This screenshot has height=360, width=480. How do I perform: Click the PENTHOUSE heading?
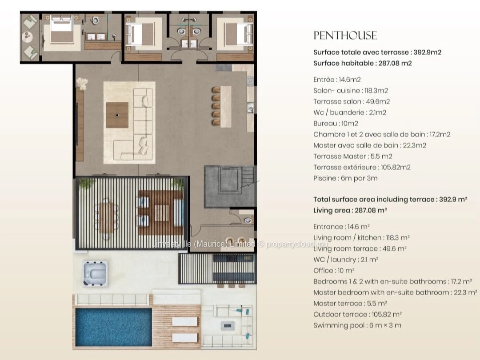345,36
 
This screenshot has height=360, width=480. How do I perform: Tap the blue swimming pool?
114,327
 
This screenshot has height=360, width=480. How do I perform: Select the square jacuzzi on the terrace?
95,273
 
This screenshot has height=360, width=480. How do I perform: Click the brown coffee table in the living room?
117,115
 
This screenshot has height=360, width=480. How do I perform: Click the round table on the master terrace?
28,37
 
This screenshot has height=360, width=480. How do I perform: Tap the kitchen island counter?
226,107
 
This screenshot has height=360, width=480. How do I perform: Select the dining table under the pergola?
106,218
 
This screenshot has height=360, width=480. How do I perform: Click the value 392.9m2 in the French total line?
428,52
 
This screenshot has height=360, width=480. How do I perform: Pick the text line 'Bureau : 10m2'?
336,124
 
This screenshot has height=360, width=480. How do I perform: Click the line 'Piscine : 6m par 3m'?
345,178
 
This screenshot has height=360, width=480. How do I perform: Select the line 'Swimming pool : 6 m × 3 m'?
357,325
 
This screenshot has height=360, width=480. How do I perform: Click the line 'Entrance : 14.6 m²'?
341,227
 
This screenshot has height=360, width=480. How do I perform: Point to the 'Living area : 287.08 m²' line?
350,210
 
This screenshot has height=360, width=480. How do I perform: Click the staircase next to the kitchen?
248,176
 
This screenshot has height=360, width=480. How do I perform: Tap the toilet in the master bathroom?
95,20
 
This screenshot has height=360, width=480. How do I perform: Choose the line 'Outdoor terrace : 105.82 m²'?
357,314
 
